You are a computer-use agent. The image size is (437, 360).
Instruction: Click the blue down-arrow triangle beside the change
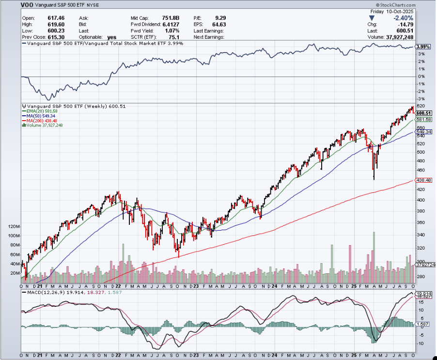(x=372, y=18)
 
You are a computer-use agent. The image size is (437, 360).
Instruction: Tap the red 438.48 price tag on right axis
(x=423, y=180)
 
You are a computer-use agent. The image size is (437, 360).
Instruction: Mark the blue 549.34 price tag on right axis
(x=423, y=131)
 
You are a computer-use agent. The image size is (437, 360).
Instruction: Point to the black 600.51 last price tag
(x=423, y=113)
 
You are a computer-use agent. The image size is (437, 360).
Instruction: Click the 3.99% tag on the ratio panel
(x=423, y=47)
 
